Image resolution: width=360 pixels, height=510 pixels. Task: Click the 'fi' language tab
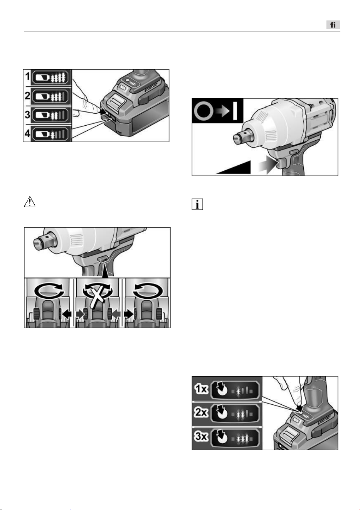(x=333, y=25)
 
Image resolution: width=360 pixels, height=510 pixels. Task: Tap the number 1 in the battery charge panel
(x=27, y=76)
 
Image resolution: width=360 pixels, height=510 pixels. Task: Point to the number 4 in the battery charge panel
(x=27, y=133)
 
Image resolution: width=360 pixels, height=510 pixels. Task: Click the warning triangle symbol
(x=30, y=202)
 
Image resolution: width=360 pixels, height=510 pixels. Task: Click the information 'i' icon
(x=197, y=204)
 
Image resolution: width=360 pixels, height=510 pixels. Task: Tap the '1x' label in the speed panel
(x=201, y=389)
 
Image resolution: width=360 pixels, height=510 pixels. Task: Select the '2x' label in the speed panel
(x=201, y=412)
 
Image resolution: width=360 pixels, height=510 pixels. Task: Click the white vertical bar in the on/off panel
(x=235, y=111)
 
